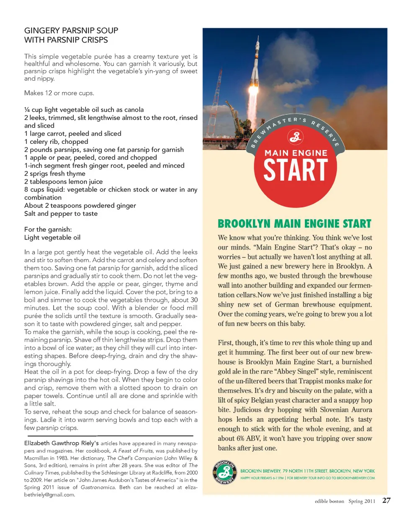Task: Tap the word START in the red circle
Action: tap(295, 170)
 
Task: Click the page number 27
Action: tap(386, 501)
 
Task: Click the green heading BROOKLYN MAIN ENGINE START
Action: tap(294, 224)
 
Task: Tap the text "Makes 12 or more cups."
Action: tap(59, 93)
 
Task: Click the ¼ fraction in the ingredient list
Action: tap(27, 110)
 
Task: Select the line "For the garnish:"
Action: tap(48, 229)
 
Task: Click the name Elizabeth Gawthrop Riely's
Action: tap(62, 443)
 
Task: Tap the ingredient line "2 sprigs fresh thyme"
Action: tap(54, 174)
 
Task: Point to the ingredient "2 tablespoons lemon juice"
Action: tap(63, 181)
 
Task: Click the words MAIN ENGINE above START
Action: tap(296, 153)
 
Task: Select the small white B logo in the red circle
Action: tap(295, 136)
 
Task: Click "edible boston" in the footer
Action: tap(329, 501)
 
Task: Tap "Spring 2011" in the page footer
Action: tap(362, 501)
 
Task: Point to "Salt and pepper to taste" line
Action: tap(61, 213)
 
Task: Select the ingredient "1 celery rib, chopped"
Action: tap(56, 142)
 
